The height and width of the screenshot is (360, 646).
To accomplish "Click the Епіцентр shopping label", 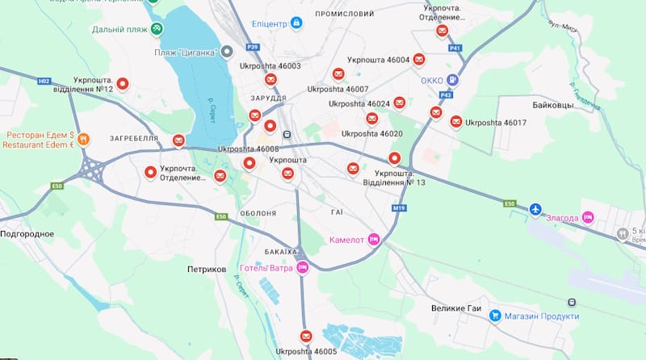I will point(269,23).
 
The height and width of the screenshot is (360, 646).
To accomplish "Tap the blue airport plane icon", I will point(535,209).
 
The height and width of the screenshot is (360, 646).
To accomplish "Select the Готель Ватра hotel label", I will point(266,269).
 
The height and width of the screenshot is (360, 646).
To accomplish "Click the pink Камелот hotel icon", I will point(373,240).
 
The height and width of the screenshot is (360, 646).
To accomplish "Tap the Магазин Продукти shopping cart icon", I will point(497,316).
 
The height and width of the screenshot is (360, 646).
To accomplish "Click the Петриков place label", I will point(206,269).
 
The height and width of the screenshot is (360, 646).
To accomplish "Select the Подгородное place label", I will point(27,234).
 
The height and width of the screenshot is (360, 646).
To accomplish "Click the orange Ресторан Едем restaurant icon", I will point(84,139).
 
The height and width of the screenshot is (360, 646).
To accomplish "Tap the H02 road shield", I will point(44,81).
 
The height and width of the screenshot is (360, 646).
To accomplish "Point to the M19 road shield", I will point(399,208).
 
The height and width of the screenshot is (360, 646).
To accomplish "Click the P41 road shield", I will point(455,48).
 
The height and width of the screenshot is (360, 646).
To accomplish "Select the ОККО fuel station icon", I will point(453,80).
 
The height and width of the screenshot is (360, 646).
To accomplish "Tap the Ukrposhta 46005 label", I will point(306,352).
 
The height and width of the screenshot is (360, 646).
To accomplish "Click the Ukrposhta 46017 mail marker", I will point(456,122).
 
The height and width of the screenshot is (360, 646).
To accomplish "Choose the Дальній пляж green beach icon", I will point(157,29).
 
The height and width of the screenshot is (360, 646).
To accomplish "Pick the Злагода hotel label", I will point(562,218).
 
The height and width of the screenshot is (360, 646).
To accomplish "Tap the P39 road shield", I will point(253,47).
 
